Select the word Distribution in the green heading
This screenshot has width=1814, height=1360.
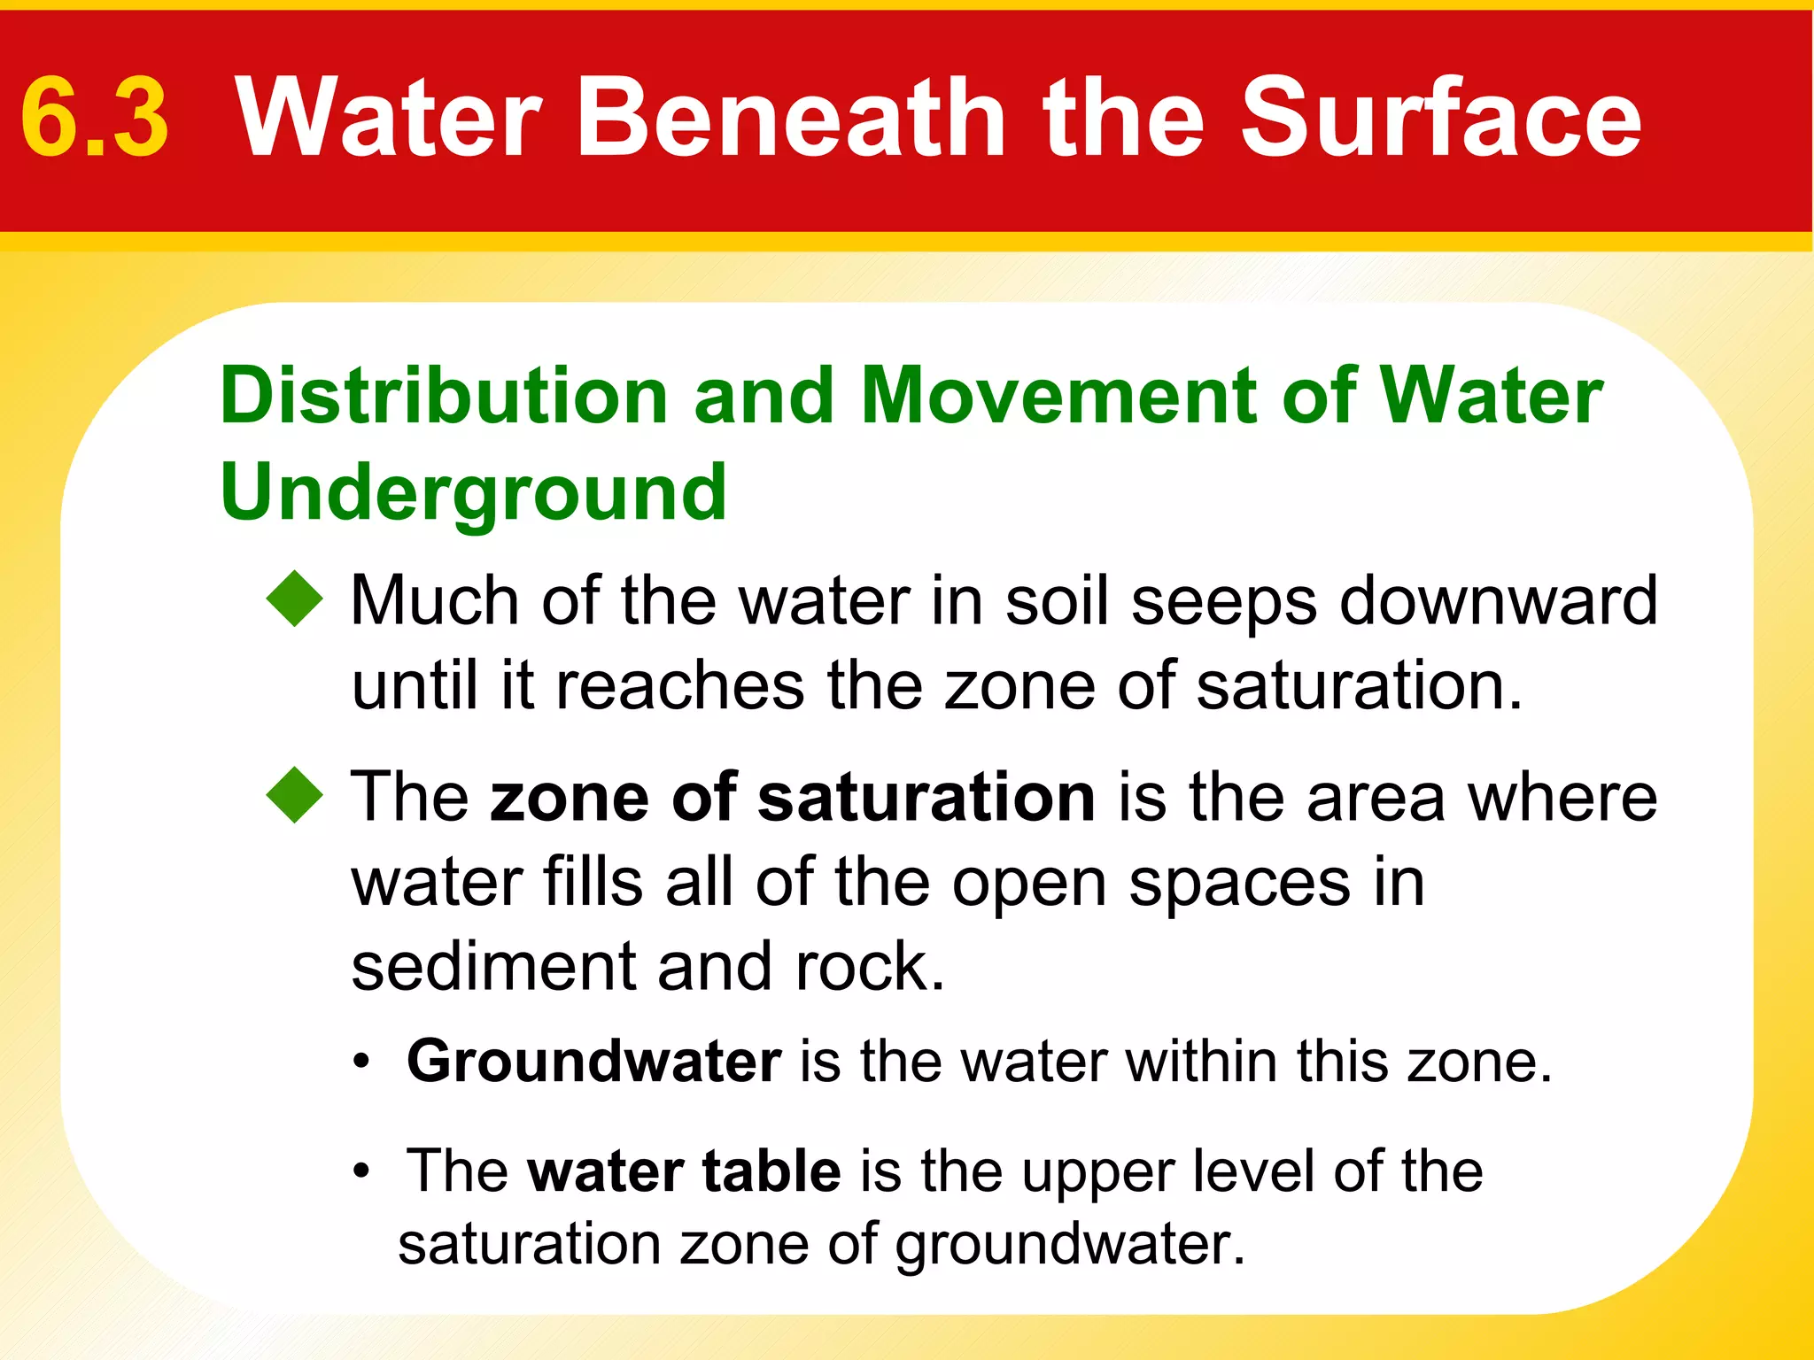(443, 396)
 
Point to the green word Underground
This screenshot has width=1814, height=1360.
(473, 494)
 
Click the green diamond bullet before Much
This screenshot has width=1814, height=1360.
(295, 599)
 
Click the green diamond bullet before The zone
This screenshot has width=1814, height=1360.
(295, 795)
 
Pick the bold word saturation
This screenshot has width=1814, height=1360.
(926, 797)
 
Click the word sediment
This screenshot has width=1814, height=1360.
(492, 966)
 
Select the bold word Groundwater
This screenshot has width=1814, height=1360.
(593, 1061)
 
